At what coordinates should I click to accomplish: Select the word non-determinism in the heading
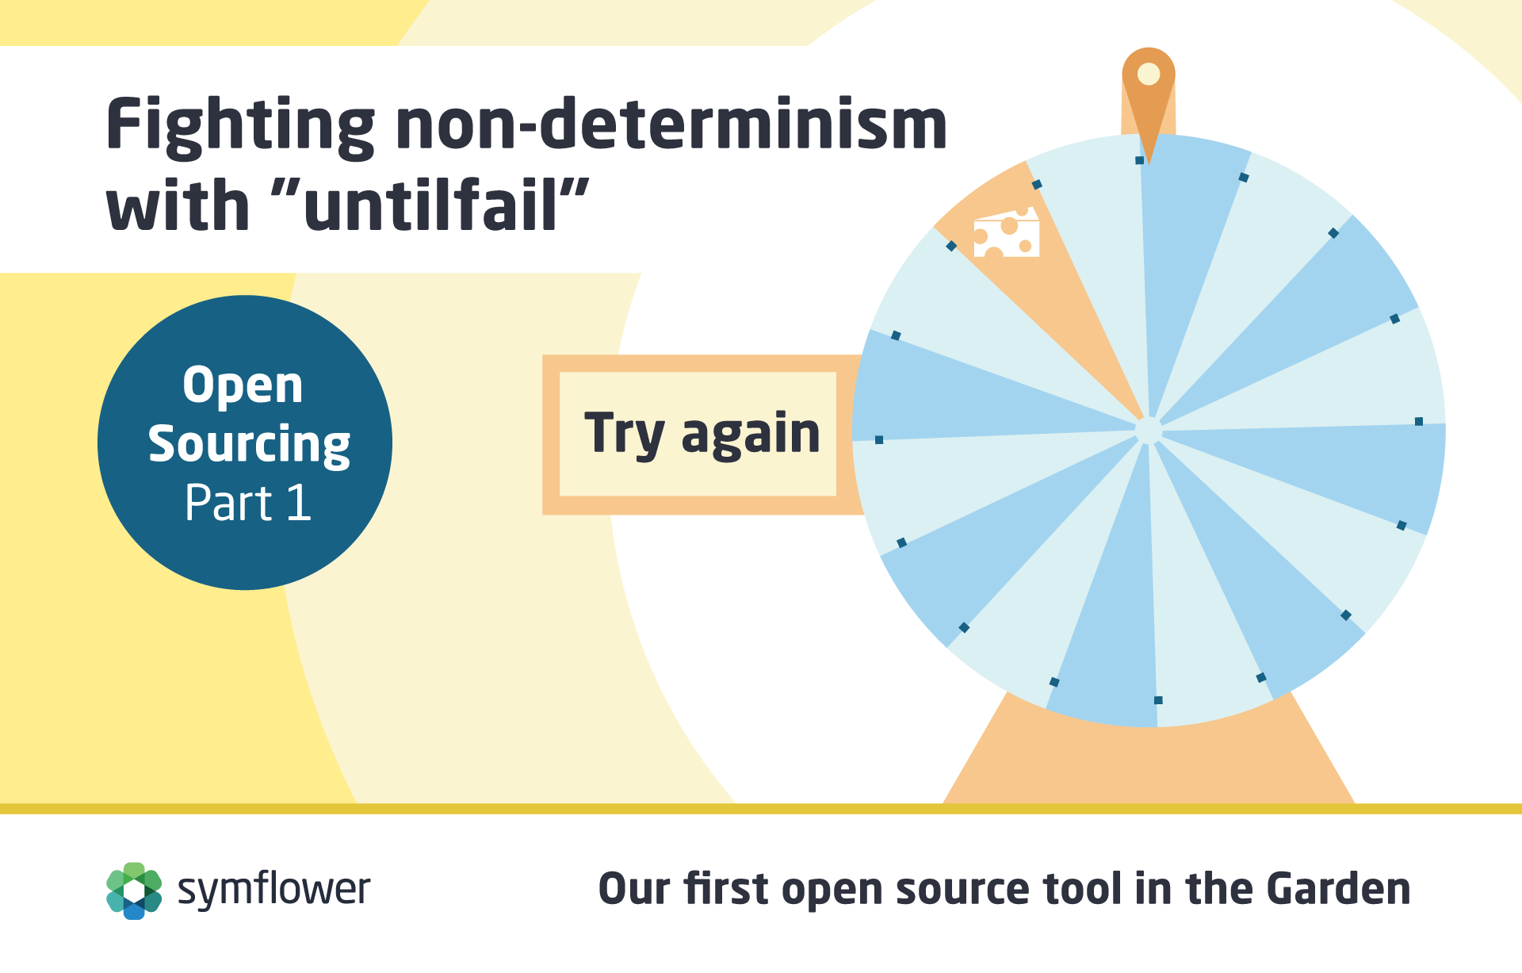pos(671,124)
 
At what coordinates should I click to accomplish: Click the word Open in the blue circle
pos(243,386)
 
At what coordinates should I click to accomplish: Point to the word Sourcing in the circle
pos(249,444)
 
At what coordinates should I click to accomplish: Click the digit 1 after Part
pos(299,502)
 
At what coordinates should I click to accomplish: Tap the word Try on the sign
pos(625,434)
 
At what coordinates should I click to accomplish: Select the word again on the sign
pos(751,435)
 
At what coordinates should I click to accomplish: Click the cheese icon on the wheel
pos(1007,232)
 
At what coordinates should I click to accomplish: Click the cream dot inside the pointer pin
pos(1149,74)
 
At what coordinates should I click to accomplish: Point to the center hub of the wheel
pos(1149,431)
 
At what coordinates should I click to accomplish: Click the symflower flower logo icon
pos(134,891)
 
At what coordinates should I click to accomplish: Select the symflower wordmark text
pos(273,890)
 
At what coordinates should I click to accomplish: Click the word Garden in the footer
pos(1338,888)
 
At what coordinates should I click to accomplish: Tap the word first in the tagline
pos(726,888)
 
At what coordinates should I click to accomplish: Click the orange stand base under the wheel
pos(1149,761)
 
